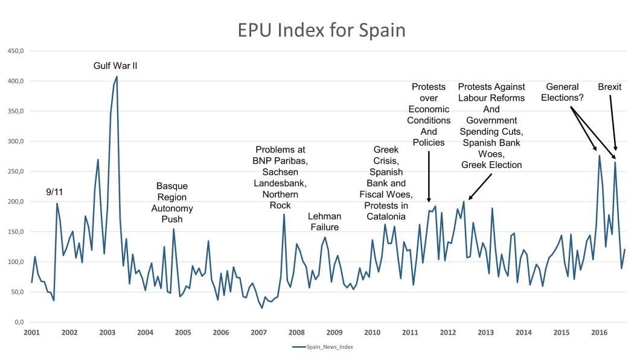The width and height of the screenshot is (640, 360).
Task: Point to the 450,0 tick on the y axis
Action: [x=15, y=51]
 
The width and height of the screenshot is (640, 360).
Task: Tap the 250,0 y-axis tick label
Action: [x=15, y=172]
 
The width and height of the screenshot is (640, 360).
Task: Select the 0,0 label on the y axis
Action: [x=18, y=323]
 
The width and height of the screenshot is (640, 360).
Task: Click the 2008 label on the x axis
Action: [x=296, y=333]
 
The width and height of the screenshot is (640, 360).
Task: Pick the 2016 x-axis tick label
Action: [x=599, y=333]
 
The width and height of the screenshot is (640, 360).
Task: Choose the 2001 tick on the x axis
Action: [x=31, y=333]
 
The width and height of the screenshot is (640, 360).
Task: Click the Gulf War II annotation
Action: [x=115, y=65]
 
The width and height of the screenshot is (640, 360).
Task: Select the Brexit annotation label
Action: [x=609, y=87]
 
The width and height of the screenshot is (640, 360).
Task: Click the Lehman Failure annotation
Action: [x=324, y=222]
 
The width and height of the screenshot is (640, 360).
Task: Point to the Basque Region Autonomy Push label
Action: [x=172, y=202]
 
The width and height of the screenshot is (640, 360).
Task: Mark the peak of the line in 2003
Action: [x=117, y=77]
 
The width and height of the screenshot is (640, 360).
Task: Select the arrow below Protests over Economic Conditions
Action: [x=429, y=175]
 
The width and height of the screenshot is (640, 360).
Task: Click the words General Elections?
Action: [x=563, y=92]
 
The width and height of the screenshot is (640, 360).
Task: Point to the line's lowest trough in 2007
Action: [x=262, y=308]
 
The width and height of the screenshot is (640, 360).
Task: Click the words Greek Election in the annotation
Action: [x=491, y=164]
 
